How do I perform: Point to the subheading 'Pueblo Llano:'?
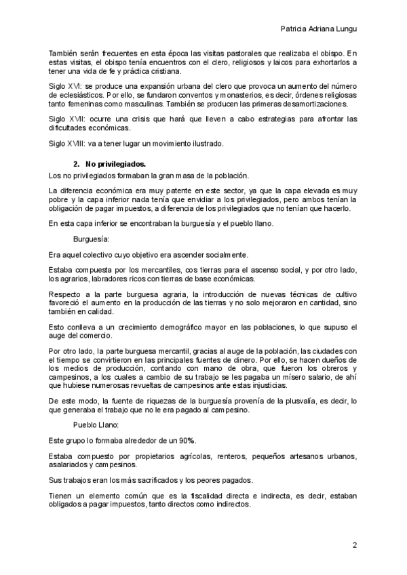click(96, 424)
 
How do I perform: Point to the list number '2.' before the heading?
click(77, 163)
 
